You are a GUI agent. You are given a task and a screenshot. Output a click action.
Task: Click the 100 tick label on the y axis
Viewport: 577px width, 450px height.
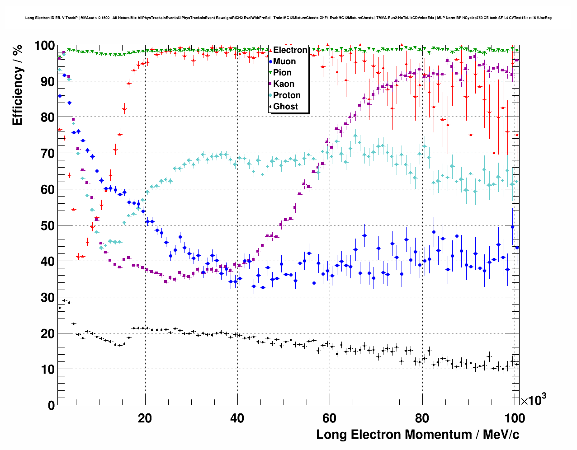(44, 46)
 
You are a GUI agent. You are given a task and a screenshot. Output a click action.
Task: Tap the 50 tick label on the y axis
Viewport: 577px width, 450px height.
(47, 225)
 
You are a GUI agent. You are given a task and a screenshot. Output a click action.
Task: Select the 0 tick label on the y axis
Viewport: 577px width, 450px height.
(51, 405)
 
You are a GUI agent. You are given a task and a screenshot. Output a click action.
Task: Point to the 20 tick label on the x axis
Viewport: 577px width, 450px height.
(145, 418)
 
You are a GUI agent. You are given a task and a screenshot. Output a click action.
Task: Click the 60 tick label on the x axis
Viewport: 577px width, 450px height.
(329, 418)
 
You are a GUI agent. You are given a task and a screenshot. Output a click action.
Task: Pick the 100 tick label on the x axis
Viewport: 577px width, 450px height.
(514, 418)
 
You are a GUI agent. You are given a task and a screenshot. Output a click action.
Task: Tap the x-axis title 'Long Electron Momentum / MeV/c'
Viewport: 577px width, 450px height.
(417, 435)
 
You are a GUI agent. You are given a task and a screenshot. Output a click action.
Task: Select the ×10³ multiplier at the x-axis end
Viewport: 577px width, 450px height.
(533, 400)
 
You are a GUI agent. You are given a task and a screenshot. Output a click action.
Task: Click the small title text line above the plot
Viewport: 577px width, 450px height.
(288, 18)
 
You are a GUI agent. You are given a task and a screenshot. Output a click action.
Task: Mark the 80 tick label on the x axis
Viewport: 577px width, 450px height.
(422, 418)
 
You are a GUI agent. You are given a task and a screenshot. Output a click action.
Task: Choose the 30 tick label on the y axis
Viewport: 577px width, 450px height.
(47, 297)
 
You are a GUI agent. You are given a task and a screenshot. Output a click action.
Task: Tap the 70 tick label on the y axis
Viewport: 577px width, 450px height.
(47, 154)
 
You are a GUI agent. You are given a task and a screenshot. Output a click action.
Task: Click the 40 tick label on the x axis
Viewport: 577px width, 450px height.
(237, 418)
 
